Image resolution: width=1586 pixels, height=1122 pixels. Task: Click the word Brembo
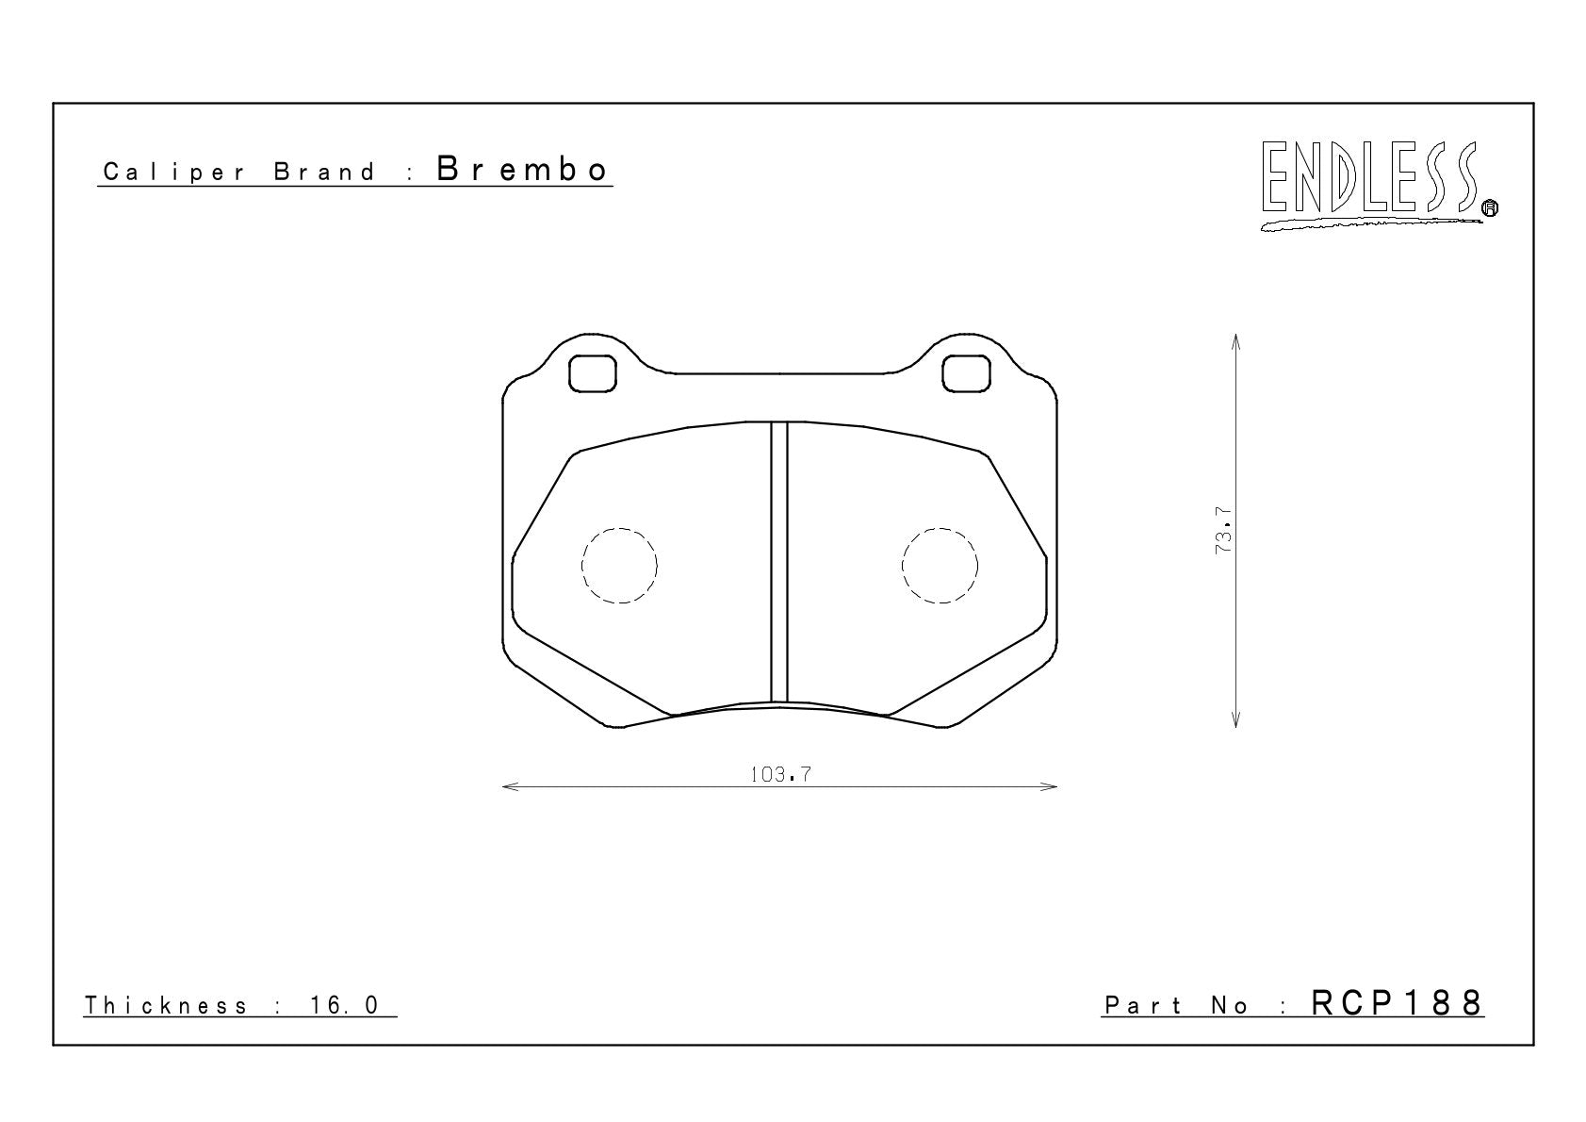[x=522, y=170]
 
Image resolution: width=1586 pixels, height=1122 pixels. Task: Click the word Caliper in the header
[x=174, y=173]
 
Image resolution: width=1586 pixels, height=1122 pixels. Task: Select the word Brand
[x=324, y=172]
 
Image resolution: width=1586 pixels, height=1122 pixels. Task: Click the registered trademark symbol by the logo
[x=1491, y=207]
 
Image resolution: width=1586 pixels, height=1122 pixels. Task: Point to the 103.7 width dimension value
[x=780, y=775]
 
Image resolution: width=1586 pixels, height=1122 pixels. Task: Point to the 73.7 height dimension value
[x=1223, y=531]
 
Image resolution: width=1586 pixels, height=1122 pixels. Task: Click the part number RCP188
[x=1397, y=1003]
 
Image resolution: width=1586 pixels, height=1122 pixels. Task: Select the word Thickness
[x=166, y=1005]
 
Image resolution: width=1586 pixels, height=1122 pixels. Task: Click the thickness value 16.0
[x=344, y=1005]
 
